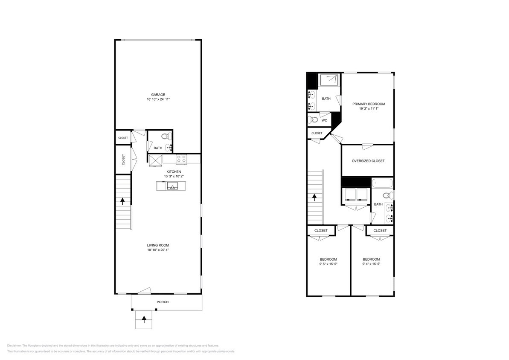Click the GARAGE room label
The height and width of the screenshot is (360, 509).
[x=158, y=95]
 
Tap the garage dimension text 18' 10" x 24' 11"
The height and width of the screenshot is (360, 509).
[x=158, y=99]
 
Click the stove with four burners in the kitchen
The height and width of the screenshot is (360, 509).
[x=181, y=159]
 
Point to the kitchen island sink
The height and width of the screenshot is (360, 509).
[x=173, y=186]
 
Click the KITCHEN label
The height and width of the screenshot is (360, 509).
[x=174, y=171]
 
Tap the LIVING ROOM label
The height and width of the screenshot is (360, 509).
[x=158, y=245]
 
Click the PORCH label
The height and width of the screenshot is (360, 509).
[x=163, y=302]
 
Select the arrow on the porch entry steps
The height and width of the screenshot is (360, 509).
[x=144, y=318]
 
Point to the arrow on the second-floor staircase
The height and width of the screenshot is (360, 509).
[x=315, y=197]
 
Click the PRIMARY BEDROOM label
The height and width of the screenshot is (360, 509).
[x=369, y=104]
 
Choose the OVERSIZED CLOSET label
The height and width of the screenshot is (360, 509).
[x=368, y=161]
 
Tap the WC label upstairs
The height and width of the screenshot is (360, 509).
[x=324, y=120]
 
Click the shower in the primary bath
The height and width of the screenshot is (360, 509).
[x=329, y=80]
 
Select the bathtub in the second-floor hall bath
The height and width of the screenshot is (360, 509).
[x=382, y=183]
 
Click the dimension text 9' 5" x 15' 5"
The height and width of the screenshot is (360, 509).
[x=328, y=264]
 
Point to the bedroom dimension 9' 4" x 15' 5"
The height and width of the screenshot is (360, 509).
[x=371, y=264]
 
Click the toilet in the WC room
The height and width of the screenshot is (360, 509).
[x=312, y=120]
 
